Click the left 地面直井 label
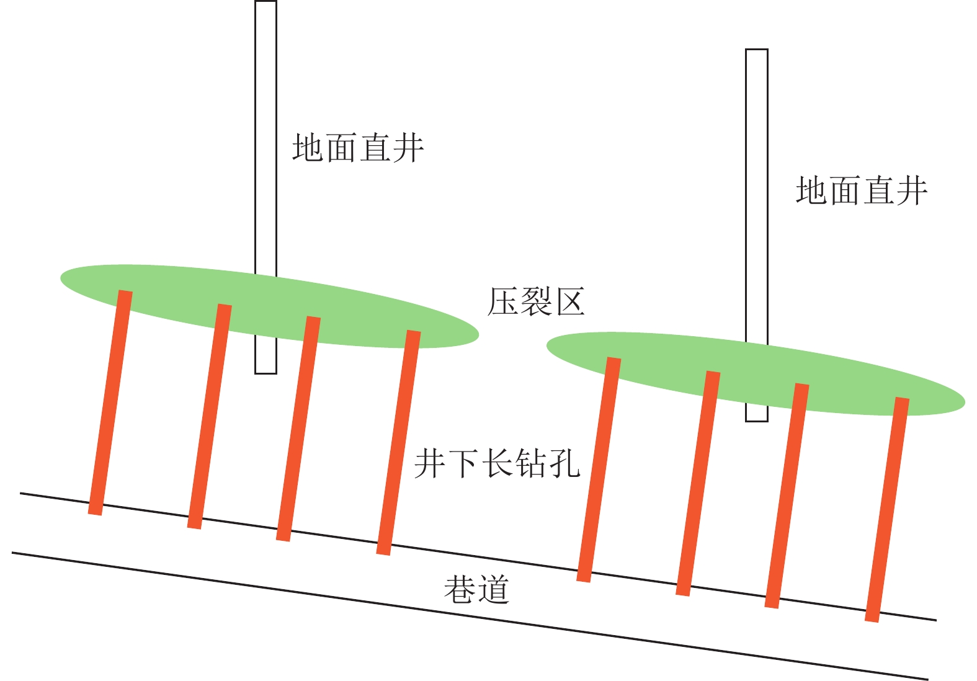(358, 148)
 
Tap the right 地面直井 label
(862, 190)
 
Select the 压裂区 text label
(535, 301)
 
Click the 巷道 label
(476, 589)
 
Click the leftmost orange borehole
(110, 403)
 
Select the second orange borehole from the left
(210, 416)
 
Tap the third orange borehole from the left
(298, 429)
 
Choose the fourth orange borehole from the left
(398, 442)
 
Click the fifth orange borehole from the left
(599, 470)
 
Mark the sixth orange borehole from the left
(698, 484)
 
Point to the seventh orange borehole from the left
(787, 496)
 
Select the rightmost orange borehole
(886, 510)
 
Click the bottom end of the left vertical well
(265, 373)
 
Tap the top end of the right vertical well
(757, 49)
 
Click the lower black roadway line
(470, 616)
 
